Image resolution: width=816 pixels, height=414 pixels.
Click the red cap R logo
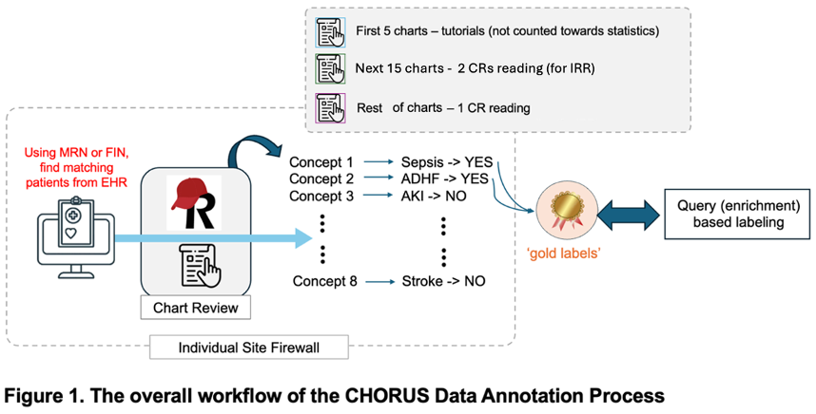pyautogui.click(x=193, y=202)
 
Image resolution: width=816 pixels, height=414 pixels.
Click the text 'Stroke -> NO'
pyautogui.click(x=443, y=281)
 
